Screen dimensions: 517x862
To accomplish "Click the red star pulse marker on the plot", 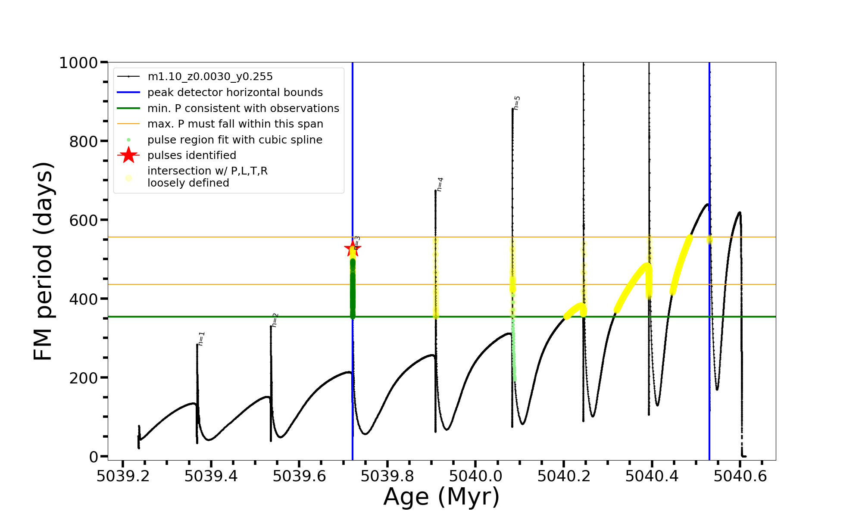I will (353, 248).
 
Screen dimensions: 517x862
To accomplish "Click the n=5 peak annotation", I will (517, 103).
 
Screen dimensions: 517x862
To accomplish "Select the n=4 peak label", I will (440, 184).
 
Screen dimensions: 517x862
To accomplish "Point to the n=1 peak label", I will (201, 339).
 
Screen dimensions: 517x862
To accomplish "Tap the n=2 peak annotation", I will (275, 320).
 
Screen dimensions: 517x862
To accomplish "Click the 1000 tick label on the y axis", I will (78, 63).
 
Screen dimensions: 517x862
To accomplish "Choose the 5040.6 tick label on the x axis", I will (740, 477).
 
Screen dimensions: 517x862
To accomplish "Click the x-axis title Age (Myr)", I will (441, 497).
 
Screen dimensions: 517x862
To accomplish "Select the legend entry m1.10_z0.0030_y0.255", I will (210, 77).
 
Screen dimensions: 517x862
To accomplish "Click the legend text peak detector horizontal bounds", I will (235, 93).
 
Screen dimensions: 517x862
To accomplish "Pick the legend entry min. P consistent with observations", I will (243, 109).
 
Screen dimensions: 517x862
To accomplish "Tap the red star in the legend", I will (128, 155).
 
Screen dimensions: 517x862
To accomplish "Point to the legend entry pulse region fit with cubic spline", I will (235, 140).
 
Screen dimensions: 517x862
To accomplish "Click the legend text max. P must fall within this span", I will (235, 124).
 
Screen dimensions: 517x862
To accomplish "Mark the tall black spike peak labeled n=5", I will (512, 109).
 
